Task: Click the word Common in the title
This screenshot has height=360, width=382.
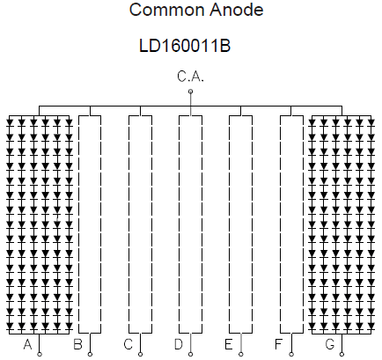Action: [167, 10]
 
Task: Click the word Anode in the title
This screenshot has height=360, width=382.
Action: [237, 10]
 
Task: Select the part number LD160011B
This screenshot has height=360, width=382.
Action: [185, 46]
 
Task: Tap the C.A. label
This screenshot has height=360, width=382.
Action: [190, 77]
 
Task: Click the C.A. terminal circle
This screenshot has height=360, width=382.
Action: [190, 92]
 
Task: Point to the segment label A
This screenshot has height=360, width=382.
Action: [27, 344]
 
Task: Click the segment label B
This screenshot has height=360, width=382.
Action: [77, 344]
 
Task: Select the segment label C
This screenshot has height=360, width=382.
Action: [129, 344]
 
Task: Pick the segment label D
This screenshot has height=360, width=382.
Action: [179, 344]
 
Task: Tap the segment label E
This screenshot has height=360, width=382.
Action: [229, 344]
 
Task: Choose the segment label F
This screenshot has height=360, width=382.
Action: [279, 344]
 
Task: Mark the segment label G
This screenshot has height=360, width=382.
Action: [330, 344]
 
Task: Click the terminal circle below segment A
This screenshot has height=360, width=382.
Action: [40, 355]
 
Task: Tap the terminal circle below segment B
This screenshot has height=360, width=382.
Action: [90, 355]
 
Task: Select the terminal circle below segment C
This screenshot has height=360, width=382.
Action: [140, 355]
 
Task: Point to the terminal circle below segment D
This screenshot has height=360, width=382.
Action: [190, 355]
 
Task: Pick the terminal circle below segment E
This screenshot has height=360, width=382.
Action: [241, 355]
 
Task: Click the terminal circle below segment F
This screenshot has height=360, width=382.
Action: [291, 355]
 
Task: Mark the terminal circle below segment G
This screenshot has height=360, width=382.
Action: [342, 355]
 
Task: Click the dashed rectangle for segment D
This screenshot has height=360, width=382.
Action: [180, 224]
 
